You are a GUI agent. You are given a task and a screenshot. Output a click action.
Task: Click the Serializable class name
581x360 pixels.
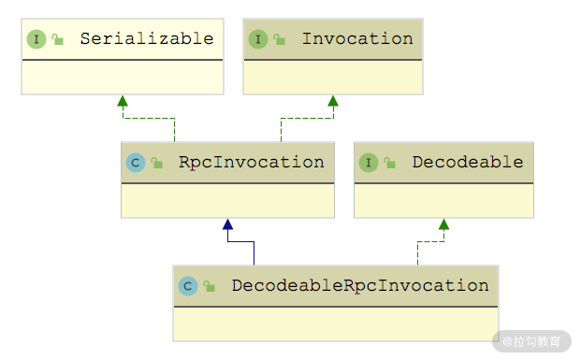147,38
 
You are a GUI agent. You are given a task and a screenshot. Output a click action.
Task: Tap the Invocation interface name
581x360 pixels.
357,38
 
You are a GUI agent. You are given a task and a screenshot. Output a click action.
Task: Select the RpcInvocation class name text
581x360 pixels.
252,163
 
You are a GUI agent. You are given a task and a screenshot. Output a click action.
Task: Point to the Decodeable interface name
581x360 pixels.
468,162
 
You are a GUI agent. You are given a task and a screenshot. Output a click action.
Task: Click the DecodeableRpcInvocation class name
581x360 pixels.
360,286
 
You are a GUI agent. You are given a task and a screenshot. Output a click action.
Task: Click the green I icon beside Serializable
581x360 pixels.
36,39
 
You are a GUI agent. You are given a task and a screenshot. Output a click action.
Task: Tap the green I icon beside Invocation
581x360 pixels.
258,39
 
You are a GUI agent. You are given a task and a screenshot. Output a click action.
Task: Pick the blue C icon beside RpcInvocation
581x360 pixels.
136,163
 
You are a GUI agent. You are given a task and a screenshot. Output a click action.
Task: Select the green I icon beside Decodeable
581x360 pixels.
369,163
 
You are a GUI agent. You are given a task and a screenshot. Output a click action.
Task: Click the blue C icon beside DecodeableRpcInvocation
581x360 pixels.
188,286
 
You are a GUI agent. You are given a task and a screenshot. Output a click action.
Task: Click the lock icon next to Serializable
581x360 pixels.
57,39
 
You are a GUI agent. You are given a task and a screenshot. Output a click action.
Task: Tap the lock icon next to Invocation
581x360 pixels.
279,39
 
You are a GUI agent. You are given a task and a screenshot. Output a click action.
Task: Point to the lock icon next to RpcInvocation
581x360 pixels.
157,162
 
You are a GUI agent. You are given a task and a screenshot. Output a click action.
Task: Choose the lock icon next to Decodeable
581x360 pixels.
389,162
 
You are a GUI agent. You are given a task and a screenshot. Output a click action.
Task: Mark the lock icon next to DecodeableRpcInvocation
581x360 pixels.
209,286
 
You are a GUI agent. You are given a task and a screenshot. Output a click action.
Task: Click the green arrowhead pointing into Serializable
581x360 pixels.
123,101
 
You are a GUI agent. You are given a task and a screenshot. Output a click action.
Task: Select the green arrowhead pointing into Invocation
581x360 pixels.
333,101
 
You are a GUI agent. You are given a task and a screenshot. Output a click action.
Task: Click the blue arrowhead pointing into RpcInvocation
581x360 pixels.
228,224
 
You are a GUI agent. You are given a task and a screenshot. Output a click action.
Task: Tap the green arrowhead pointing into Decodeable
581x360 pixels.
443,224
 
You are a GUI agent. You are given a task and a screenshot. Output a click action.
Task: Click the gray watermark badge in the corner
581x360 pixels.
531,341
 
